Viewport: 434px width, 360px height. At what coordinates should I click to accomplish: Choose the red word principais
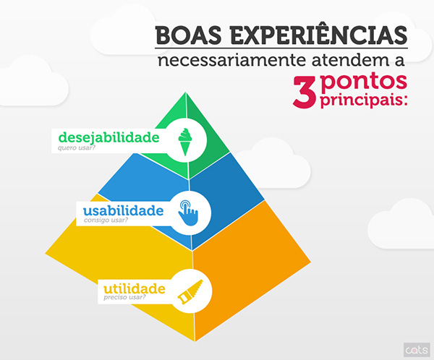point(362,99)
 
